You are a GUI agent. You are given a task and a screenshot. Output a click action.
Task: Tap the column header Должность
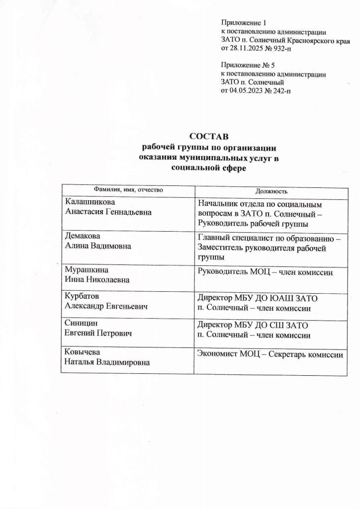[x=271, y=191]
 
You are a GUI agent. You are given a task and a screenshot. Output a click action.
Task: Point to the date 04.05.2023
[x=247, y=91]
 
